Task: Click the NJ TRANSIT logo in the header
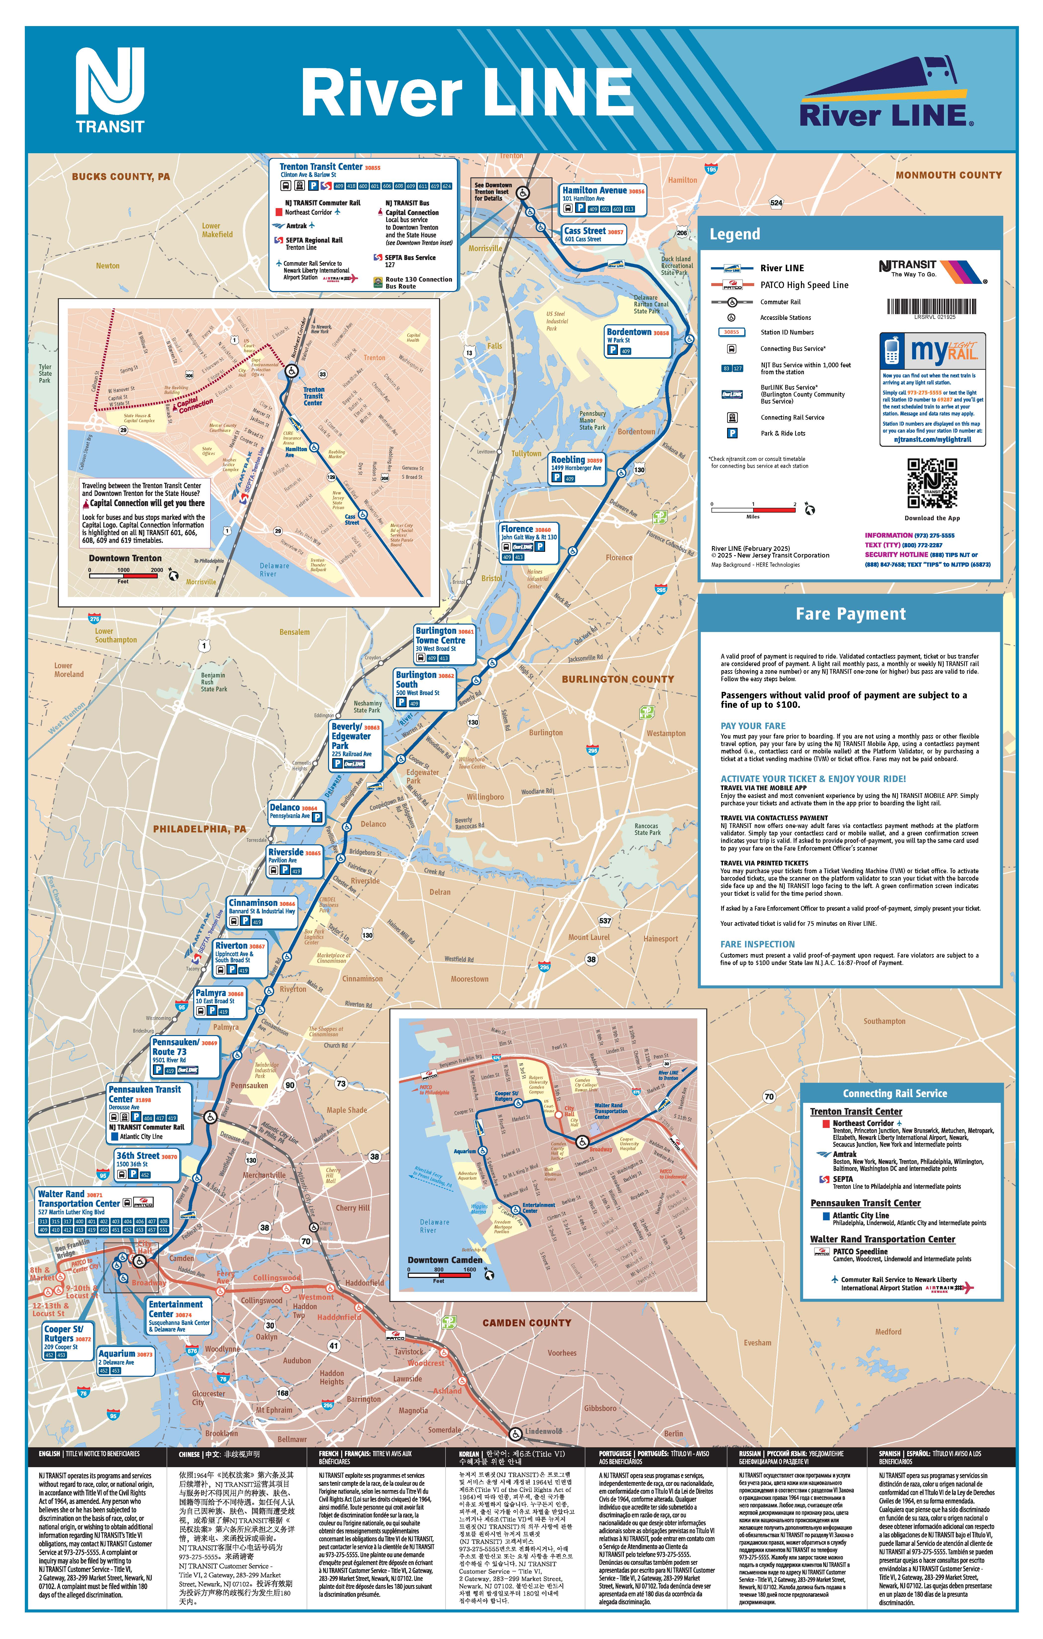(x=110, y=90)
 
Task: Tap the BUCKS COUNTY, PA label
(x=120, y=176)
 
